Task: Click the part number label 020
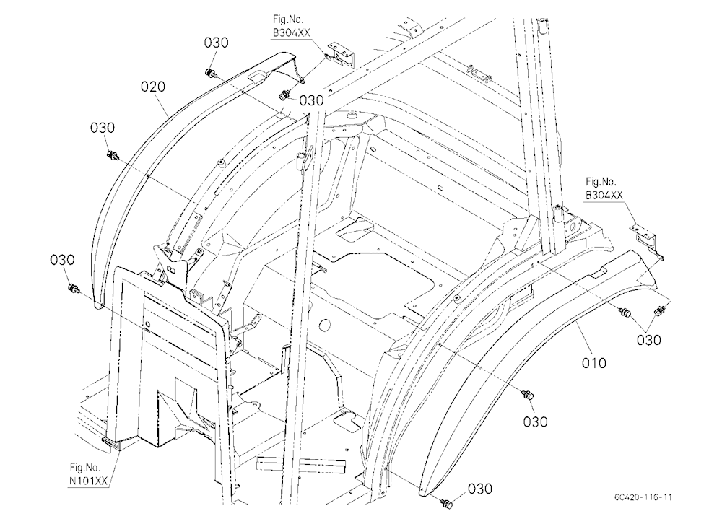(x=153, y=87)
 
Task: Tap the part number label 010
(x=594, y=363)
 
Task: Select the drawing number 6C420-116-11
(x=643, y=497)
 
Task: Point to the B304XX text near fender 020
(x=292, y=32)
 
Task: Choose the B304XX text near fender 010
(x=604, y=195)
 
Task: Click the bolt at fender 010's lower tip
(x=446, y=503)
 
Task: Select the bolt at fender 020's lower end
(x=73, y=289)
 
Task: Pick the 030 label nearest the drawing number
(x=480, y=489)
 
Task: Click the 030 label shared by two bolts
(x=649, y=340)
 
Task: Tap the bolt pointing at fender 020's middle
(x=112, y=155)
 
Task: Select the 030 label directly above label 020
(x=216, y=43)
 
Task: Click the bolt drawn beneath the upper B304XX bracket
(x=284, y=95)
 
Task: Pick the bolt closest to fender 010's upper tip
(x=661, y=310)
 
